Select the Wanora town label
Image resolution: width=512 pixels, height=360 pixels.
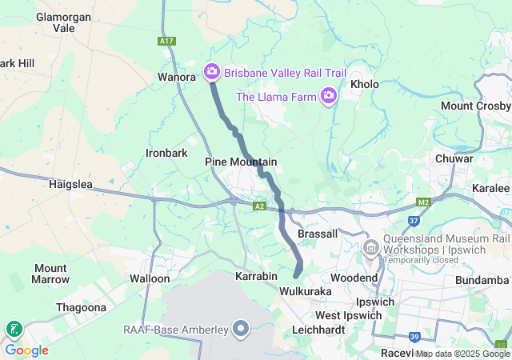(x=177, y=78)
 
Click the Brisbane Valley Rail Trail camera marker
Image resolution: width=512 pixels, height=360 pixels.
(x=212, y=72)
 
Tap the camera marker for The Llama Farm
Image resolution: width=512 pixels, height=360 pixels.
(x=328, y=97)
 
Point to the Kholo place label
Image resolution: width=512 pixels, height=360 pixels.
(x=364, y=84)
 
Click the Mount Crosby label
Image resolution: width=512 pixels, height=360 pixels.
(x=475, y=106)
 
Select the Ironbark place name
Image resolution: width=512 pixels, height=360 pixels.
(x=166, y=152)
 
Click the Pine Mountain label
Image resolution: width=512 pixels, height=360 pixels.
(x=241, y=162)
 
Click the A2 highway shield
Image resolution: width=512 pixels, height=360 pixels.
(x=259, y=206)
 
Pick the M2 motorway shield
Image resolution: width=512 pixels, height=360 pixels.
(x=424, y=202)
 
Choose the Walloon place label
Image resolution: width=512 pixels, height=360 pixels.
(x=150, y=278)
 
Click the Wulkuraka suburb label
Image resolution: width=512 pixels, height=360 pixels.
(x=305, y=292)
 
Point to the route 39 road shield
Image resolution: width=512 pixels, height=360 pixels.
(x=414, y=336)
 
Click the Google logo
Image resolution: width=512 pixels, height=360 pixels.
(x=27, y=350)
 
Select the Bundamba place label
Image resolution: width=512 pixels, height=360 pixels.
(x=482, y=280)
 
